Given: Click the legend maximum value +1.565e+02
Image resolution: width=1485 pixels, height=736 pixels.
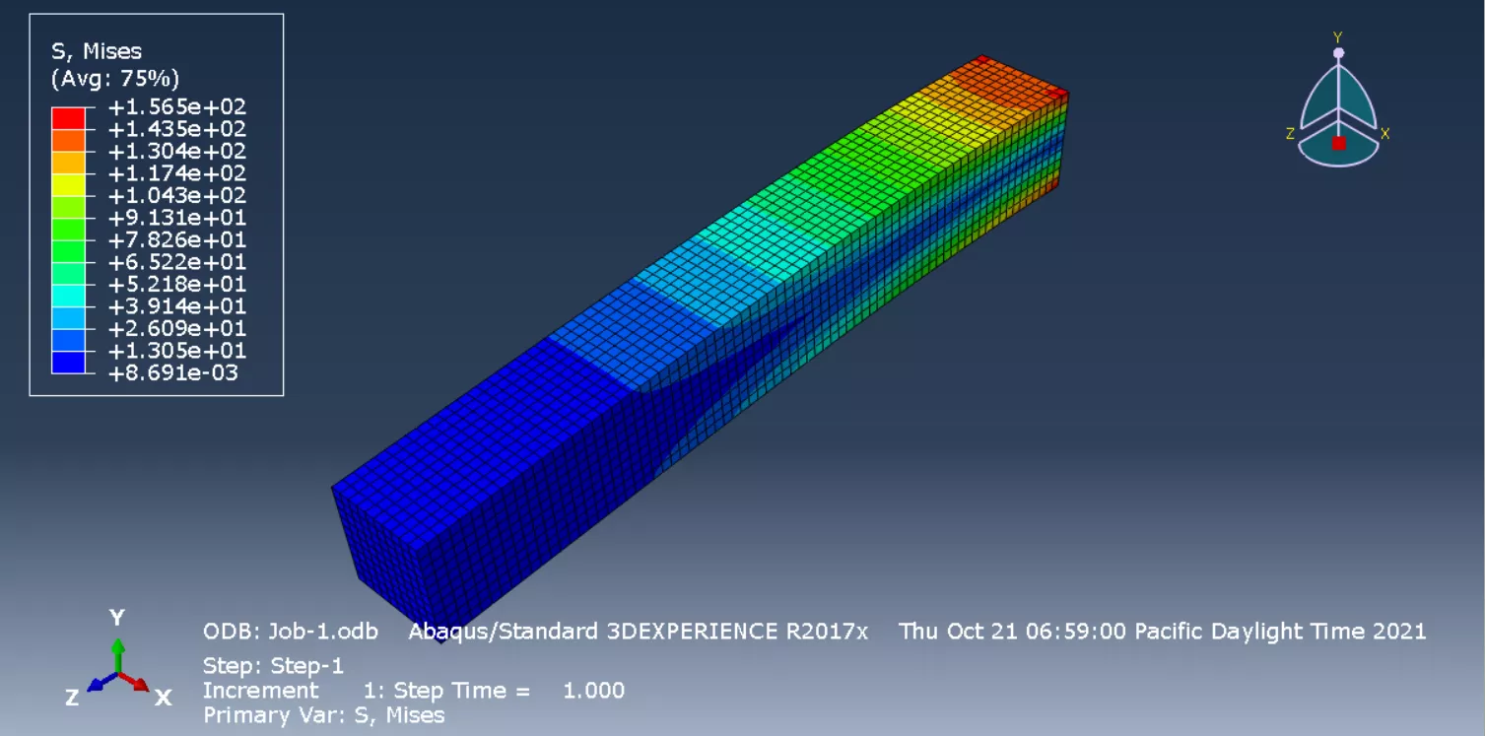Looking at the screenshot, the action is pyautogui.click(x=177, y=106).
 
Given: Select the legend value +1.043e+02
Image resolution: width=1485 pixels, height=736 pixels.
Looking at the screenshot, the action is pyautogui.click(x=177, y=196).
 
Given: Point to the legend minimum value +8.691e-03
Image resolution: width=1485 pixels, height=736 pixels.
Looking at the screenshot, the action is pyautogui.click(x=173, y=373).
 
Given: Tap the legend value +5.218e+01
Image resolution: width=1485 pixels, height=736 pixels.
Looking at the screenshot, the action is pyautogui.click(x=177, y=285).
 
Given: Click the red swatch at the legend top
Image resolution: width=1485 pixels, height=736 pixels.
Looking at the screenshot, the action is pyautogui.click(x=68, y=118).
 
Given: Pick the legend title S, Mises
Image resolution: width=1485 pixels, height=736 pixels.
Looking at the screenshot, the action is pyautogui.click(x=97, y=51).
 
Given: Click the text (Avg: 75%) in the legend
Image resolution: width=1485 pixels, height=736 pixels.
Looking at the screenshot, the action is pyautogui.click(x=115, y=79).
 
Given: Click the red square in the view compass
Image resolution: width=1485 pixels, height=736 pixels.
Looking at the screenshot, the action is pyautogui.click(x=1338, y=143).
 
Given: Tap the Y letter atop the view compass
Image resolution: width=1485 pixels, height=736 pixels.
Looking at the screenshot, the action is pyautogui.click(x=1338, y=37).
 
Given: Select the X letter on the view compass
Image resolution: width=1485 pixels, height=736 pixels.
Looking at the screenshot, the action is pyautogui.click(x=1384, y=133).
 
